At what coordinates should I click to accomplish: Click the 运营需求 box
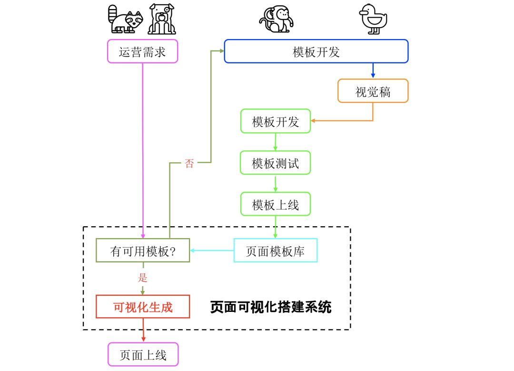[x=142, y=51]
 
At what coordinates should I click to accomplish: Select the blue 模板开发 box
[x=316, y=51]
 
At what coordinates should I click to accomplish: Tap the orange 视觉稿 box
[x=373, y=91]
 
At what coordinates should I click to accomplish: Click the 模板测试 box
[x=275, y=163]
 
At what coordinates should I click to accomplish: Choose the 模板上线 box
[x=275, y=204]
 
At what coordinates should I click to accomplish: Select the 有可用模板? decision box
[x=143, y=251]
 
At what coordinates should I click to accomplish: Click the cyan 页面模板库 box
[x=275, y=251]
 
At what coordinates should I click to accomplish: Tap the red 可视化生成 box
[x=143, y=307]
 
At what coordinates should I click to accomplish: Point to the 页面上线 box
[x=143, y=354]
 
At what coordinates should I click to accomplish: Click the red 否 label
[x=189, y=164]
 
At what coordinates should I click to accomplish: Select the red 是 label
[x=143, y=278]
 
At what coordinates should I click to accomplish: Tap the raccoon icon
[x=125, y=20]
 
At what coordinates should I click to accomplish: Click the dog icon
[x=162, y=20]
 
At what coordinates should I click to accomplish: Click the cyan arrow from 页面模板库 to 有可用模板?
[x=212, y=251]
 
